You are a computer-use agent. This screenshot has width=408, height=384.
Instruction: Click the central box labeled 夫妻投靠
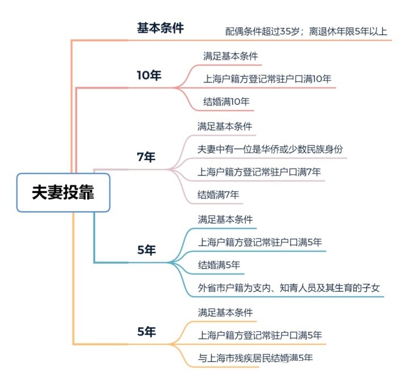coord(63,192)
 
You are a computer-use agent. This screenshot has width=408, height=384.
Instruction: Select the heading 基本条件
coord(160,28)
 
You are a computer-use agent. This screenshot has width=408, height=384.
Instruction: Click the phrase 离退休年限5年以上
coord(348,32)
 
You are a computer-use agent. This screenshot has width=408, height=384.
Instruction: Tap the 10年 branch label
coord(149,75)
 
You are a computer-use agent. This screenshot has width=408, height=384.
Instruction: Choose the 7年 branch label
coord(146,157)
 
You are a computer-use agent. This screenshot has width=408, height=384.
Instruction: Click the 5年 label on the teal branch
coord(147,250)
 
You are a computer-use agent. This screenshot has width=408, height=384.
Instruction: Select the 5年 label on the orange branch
coord(147,332)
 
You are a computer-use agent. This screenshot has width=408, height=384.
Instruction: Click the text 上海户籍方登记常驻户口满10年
coord(267,79)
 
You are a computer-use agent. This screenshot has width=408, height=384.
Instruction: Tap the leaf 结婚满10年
coord(226,102)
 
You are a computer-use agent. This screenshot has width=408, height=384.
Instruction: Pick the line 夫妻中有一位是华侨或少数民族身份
coord(270,149)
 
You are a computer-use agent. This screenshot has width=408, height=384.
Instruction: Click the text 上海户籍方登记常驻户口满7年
coord(259,172)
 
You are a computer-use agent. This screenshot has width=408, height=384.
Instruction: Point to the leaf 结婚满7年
coord(218,195)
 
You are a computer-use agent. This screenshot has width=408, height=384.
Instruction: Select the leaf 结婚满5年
coord(219,265)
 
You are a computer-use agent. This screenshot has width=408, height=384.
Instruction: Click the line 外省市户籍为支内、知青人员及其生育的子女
coord(289,288)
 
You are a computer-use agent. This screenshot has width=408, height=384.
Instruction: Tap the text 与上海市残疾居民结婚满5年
coord(255,358)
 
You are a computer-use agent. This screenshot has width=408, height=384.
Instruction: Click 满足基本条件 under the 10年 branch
coord(231,56)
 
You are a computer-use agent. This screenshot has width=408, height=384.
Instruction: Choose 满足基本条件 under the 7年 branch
coord(225,126)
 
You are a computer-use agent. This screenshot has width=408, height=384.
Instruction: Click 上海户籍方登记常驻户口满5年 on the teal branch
coord(260,242)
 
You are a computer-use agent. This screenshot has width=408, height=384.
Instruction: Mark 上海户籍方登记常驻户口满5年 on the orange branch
coord(260,335)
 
